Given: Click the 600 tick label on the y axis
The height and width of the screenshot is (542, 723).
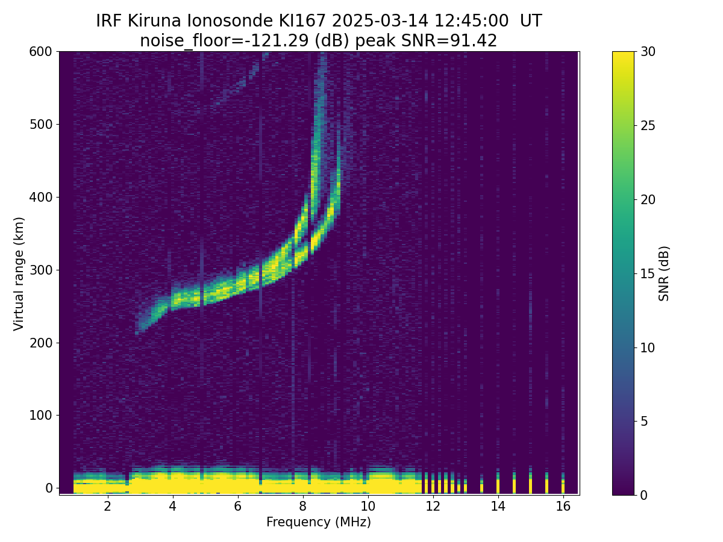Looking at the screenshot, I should point(40,52).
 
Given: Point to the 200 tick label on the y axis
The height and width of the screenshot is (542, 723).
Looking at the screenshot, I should point(40,343).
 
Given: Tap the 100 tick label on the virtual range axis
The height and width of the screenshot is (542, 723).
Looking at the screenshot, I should point(40,416).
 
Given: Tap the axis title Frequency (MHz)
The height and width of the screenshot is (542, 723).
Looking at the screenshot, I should point(319,522).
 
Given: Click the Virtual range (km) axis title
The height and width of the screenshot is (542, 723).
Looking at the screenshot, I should point(19,273).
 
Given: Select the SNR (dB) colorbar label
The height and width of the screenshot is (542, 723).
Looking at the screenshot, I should point(664,273).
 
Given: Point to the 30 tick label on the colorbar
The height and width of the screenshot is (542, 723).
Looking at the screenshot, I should point(648,52).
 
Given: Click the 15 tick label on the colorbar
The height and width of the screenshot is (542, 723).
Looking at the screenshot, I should point(648,273).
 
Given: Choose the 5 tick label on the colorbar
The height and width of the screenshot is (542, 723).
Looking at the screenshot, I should point(645,422).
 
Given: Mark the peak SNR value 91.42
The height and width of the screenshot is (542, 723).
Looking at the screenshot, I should point(476,41).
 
